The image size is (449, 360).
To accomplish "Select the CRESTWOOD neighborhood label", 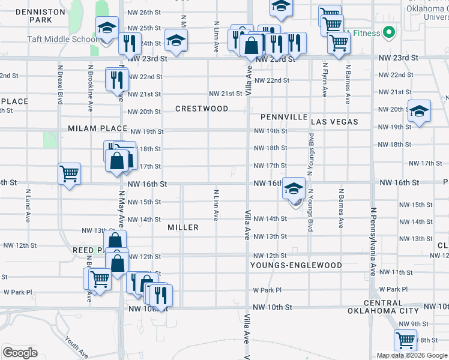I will click(x=202, y=109).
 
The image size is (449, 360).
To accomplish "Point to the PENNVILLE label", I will click(x=285, y=117).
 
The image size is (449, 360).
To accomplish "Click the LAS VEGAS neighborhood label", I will click(x=334, y=122).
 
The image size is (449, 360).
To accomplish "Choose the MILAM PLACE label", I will click(x=97, y=128).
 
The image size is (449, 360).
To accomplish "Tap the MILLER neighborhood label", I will click(x=183, y=227).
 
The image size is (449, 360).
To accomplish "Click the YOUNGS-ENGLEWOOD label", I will click(x=297, y=265).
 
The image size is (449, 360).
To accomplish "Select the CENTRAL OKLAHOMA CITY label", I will click(x=383, y=307).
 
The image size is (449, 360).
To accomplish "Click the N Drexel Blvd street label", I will click(x=61, y=89).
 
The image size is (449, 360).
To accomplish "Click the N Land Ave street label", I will click(x=28, y=206).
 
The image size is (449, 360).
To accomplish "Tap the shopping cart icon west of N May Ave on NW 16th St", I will click(x=69, y=173).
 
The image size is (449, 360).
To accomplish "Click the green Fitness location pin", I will click(x=388, y=32).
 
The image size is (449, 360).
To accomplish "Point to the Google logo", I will click(x=20, y=352).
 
